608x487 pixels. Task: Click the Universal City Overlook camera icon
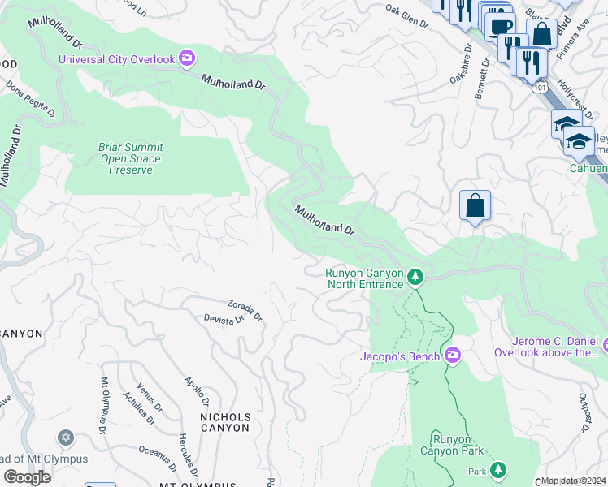pos(188,58)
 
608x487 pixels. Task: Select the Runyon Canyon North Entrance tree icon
pos(415,278)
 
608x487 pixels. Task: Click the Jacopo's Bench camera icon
pos(453,356)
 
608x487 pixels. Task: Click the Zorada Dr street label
pos(245,309)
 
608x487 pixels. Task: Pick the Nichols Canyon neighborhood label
pos(224,422)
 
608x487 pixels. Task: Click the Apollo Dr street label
pos(198,390)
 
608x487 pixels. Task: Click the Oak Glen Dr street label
pos(406,15)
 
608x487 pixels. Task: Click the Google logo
pos(27,477)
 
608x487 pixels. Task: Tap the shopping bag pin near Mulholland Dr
pos(475,205)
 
